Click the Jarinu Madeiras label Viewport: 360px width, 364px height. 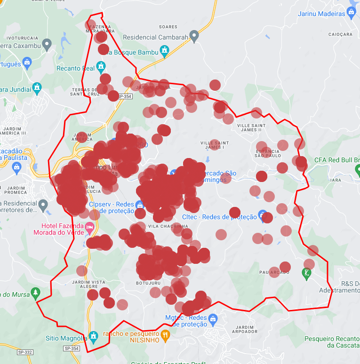coord(322,14)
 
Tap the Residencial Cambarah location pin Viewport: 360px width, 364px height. coord(194,36)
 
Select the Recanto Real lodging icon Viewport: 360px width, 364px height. coord(101,67)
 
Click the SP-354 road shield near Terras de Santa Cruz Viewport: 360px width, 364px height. coord(125,96)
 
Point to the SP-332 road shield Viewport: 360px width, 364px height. coord(24,352)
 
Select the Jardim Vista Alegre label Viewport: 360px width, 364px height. coord(82,284)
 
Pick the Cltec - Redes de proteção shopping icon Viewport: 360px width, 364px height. coord(263,214)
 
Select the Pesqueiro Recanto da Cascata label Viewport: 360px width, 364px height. coord(332,342)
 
